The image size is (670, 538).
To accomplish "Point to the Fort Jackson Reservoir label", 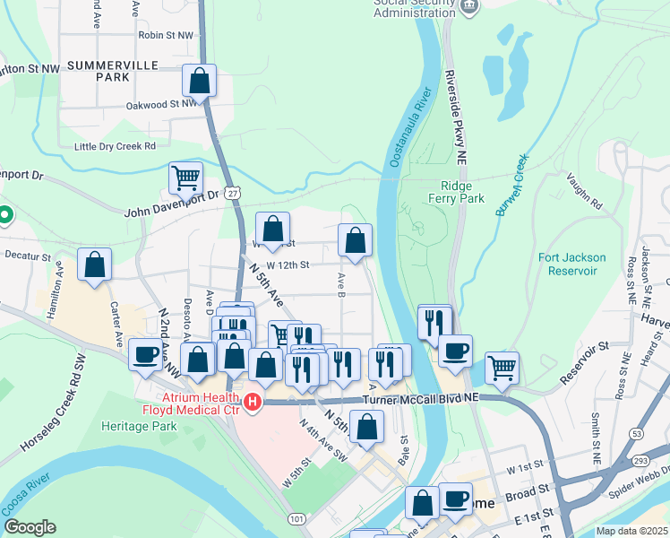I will pos(572,264).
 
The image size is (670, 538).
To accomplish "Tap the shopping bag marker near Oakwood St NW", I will pos(200,81).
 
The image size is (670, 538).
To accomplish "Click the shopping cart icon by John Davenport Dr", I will pos(185,178).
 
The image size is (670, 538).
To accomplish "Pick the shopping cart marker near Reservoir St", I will pos(502,367).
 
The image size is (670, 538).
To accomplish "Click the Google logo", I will pos(30,527).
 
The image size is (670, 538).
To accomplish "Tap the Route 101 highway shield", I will pos(296,519).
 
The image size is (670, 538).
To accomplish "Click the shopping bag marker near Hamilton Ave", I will pos(94,265).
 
